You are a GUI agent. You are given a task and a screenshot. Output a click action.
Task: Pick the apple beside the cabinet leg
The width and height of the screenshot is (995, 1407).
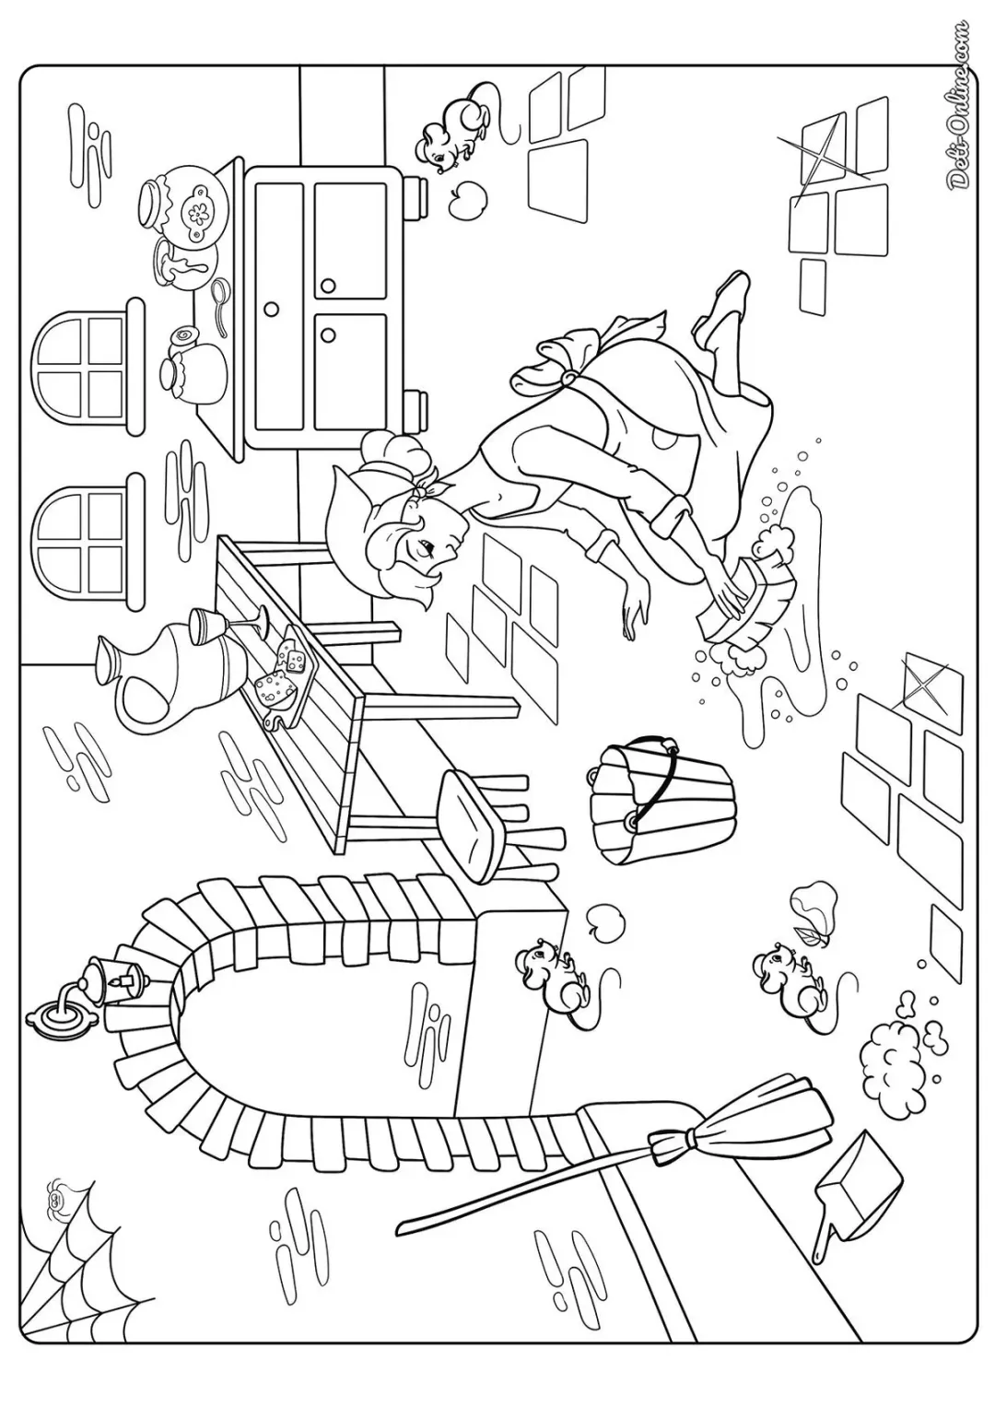pyautogui.click(x=469, y=198)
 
